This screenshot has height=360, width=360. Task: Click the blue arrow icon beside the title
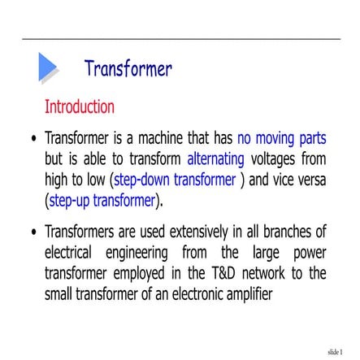[x=48, y=68]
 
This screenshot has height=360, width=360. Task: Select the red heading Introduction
[x=79, y=106]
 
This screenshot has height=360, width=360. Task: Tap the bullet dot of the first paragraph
[x=33, y=139]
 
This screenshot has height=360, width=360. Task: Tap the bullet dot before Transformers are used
[x=33, y=233]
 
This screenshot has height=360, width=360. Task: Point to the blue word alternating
[x=215, y=158]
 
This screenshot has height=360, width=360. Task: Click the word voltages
[x=276, y=158]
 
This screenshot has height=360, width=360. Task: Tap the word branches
[x=286, y=232]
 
